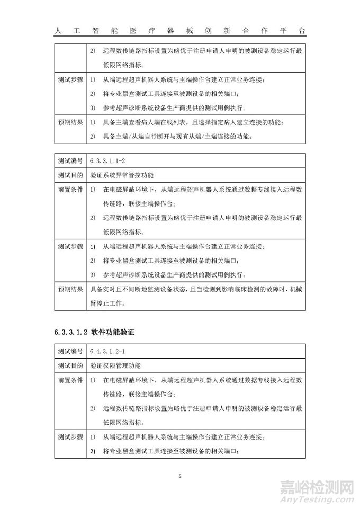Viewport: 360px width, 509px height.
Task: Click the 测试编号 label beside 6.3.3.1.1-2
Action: [x=70, y=159]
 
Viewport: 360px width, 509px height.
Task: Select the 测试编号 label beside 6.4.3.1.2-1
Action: [x=70, y=351]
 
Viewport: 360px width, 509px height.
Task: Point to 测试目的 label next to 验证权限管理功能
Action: [x=70, y=365]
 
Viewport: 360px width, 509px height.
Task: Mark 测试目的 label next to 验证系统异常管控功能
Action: [x=70, y=174]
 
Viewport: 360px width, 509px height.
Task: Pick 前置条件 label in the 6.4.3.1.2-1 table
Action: [x=70, y=380]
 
